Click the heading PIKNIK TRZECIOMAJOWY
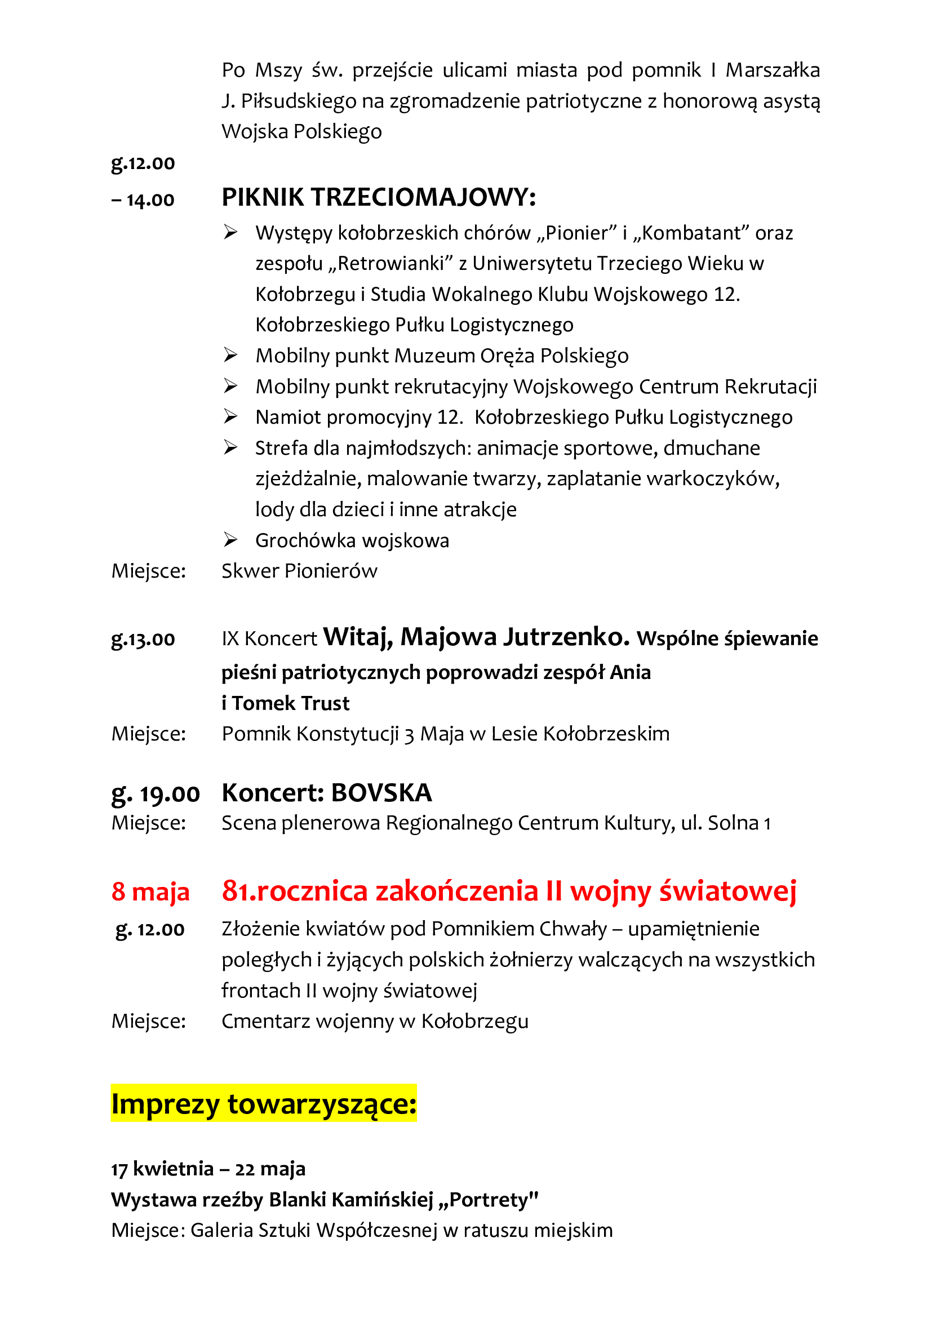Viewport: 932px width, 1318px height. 379,197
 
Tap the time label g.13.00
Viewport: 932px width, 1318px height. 143,639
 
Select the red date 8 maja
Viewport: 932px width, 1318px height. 150,891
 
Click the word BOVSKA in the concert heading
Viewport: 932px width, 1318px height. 381,793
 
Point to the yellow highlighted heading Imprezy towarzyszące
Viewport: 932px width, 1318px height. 264,1103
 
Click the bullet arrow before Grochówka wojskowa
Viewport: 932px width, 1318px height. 230,540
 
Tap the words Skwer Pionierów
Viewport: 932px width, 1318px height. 300,571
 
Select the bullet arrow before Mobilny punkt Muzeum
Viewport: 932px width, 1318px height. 230,356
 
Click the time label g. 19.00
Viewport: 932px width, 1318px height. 156,794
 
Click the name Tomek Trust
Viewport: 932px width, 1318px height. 291,703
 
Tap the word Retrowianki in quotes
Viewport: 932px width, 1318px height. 391,264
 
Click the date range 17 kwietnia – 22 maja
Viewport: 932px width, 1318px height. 208,1168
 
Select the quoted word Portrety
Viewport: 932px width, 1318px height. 489,1199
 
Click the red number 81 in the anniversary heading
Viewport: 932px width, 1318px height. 238,891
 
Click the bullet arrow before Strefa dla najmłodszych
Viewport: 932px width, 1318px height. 230,448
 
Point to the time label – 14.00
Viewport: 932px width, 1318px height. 143,200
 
